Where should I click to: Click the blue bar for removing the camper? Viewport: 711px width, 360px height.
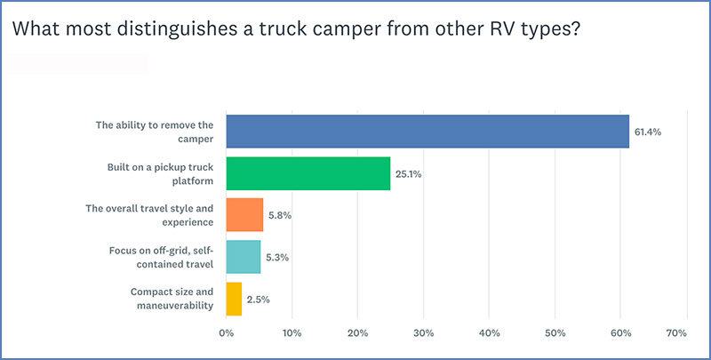point(427,131)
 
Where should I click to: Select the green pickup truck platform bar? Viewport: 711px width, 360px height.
point(308,173)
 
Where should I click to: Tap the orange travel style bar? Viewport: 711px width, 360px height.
point(244,215)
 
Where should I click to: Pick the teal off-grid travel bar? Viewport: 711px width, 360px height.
point(244,257)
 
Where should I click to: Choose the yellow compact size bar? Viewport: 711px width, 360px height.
point(234,299)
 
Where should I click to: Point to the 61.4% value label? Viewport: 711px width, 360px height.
point(648,132)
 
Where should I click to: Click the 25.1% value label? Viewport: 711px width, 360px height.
point(409,174)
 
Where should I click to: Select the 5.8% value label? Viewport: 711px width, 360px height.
point(280,216)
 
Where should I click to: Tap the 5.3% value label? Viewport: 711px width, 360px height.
point(277,258)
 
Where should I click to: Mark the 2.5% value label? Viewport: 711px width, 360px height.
point(259,300)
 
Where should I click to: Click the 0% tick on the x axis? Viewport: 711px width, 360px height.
point(226,333)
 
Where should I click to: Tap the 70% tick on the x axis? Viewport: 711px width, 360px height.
point(675,333)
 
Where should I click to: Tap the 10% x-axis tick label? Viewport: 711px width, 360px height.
point(292,333)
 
